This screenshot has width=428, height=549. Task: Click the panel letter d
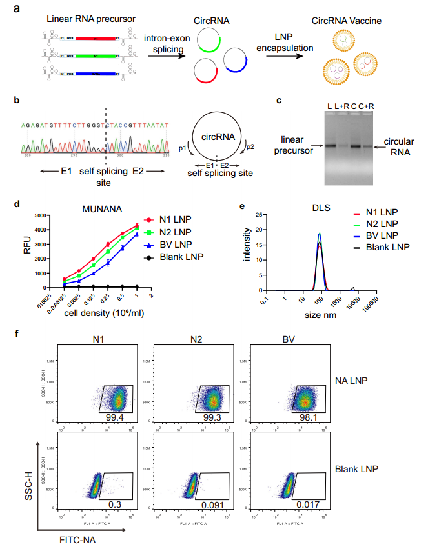tap(17, 204)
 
